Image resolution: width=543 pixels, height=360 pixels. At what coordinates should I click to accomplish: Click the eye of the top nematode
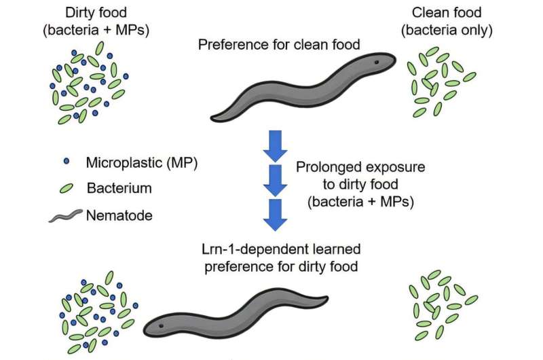coord(373,62)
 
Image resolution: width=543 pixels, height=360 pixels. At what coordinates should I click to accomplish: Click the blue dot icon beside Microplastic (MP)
coord(66,162)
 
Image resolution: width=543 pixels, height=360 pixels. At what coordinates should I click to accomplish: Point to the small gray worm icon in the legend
coord(66,217)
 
